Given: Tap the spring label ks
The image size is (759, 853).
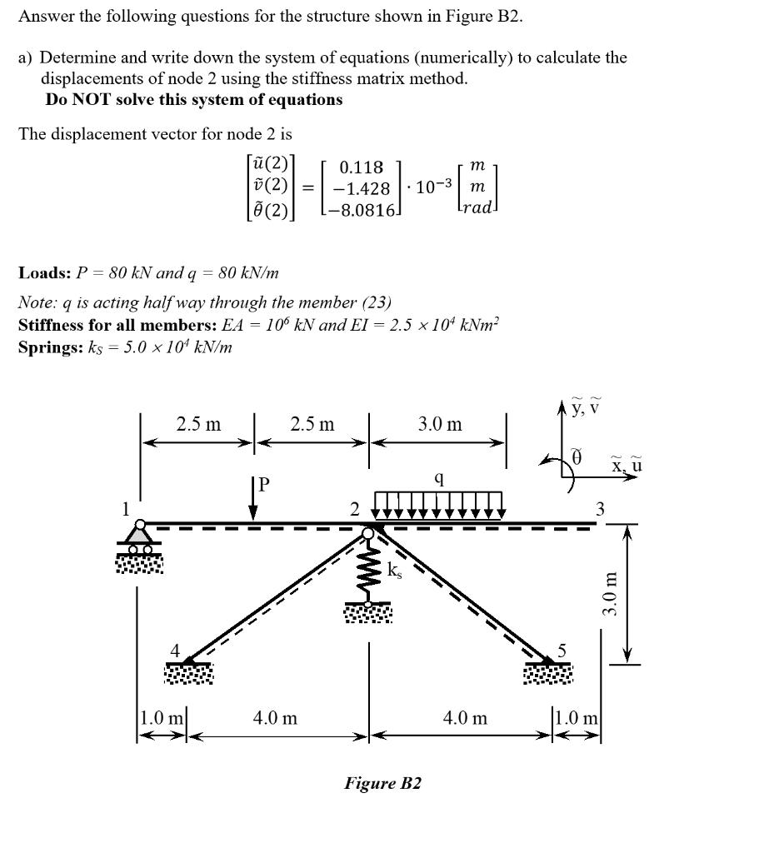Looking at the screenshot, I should tap(397, 571).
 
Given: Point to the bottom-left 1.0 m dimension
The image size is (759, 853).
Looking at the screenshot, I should tap(162, 716).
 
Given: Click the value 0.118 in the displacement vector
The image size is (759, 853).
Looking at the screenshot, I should tap(362, 168).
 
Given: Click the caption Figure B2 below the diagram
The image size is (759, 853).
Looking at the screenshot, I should tap(383, 783).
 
